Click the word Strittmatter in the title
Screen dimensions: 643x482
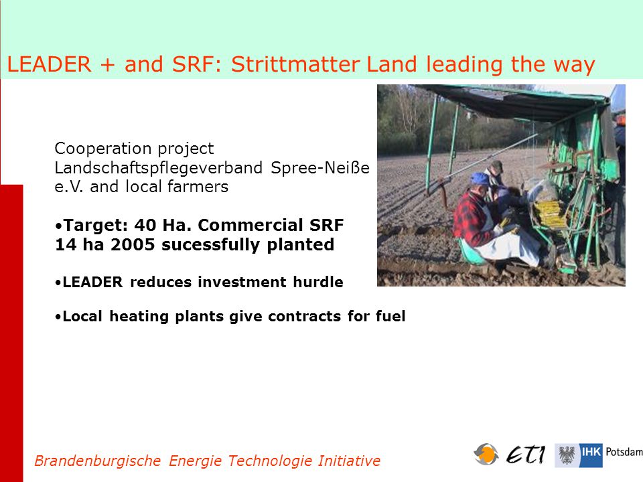[295, 64]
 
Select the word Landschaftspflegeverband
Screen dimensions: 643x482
[158, 168]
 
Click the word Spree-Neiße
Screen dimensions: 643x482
[320, 167]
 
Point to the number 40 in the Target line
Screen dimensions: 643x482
[145, 225]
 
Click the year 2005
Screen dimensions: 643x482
[133, 245]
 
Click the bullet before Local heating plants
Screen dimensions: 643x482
[58, 317]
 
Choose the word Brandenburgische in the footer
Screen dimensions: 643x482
[98, 461]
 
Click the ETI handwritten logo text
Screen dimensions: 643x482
[526, 455]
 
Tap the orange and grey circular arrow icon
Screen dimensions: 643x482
[486, 454]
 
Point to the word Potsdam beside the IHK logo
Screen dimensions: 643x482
[624, 452]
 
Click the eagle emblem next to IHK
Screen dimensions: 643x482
[567, 455]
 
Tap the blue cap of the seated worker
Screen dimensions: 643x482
[480, 179]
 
